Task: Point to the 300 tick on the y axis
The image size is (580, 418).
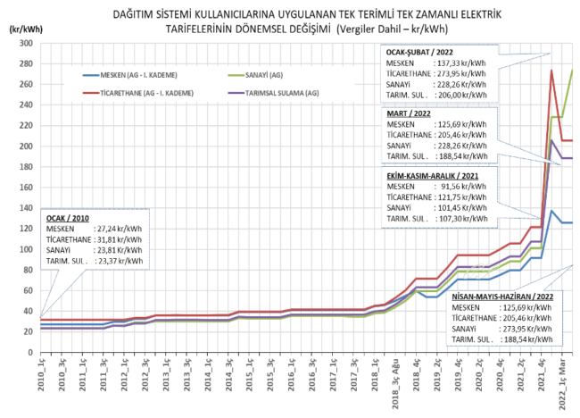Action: (25, 43)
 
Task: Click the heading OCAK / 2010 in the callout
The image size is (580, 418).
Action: (68, 216)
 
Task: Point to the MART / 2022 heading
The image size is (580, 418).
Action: (410, 114)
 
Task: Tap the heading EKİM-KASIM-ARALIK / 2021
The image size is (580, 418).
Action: (435, 178)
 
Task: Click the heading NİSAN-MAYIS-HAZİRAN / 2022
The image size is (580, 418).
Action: (502, 295)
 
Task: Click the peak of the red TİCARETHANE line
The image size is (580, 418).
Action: (551, 71)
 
